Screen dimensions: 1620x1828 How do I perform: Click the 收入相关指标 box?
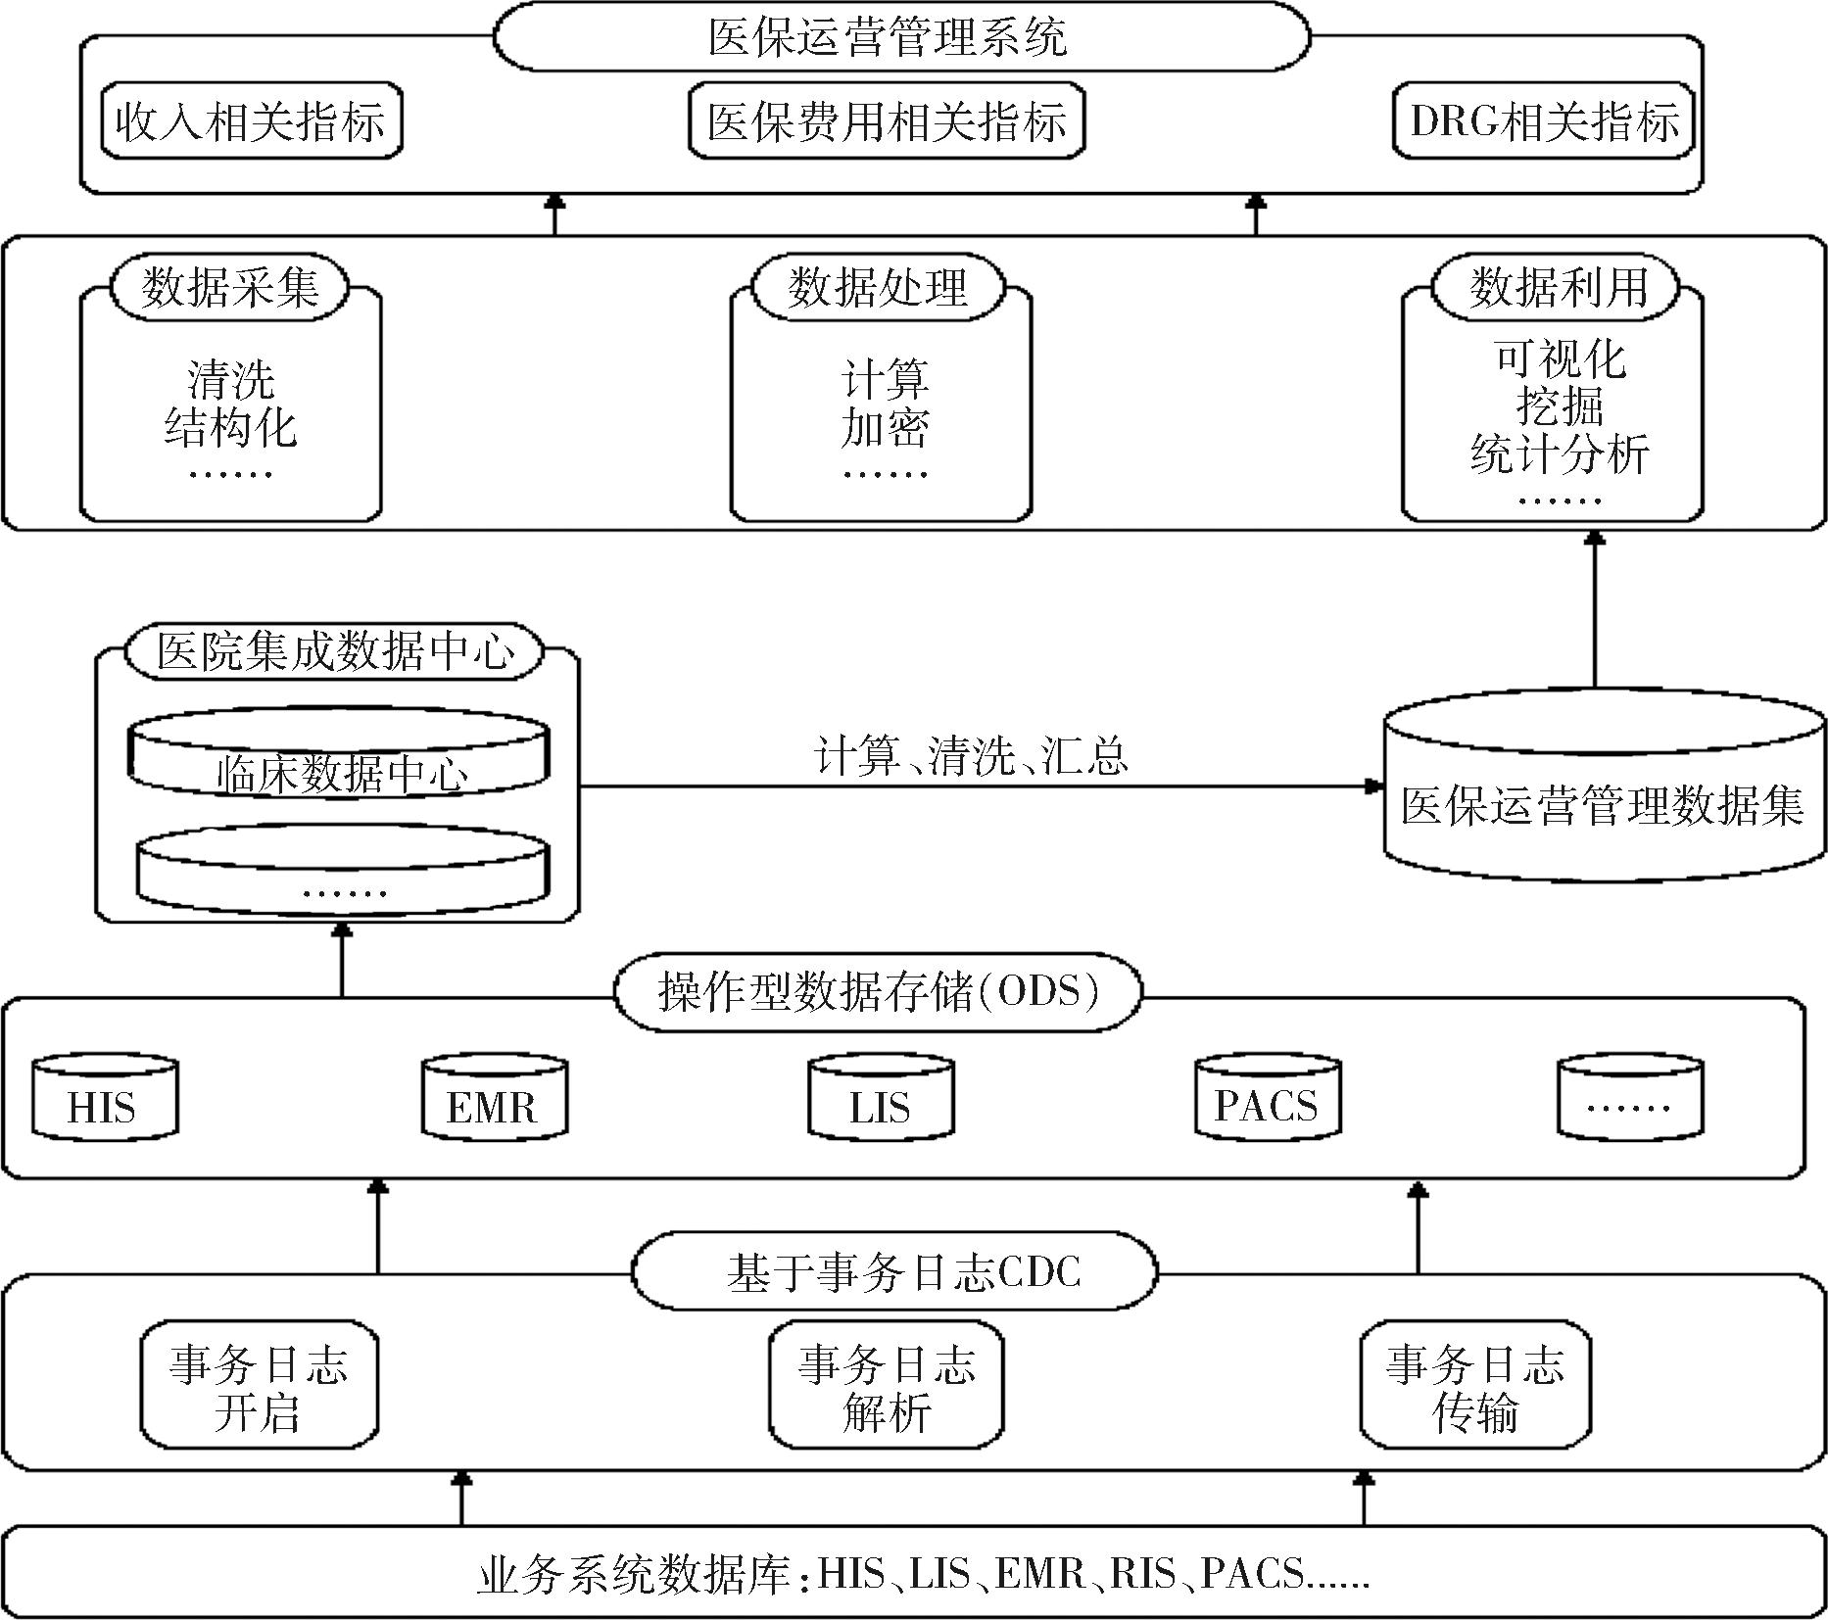251,121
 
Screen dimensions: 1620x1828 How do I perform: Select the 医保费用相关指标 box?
887,121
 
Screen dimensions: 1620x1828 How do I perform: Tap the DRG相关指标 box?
1544,121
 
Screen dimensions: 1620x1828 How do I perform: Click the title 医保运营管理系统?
887,37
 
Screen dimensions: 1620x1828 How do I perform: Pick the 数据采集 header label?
230,287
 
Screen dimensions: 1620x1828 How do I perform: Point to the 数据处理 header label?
878,287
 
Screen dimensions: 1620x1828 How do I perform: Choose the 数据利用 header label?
1556,287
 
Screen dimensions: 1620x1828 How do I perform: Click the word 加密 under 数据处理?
885,428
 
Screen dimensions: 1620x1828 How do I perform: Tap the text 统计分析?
1559,453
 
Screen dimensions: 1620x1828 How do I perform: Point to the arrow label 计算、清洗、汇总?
971,755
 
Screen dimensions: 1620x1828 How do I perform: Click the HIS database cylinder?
105,1098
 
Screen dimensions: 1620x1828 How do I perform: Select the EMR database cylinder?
494,1098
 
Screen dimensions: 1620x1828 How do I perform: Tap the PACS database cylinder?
1268,1098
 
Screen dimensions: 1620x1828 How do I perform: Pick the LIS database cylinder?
881,1098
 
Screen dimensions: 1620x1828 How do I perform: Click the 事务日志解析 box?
887,1385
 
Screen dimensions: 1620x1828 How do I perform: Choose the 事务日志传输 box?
1475,1385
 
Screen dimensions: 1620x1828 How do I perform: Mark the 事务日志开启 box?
259,1385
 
